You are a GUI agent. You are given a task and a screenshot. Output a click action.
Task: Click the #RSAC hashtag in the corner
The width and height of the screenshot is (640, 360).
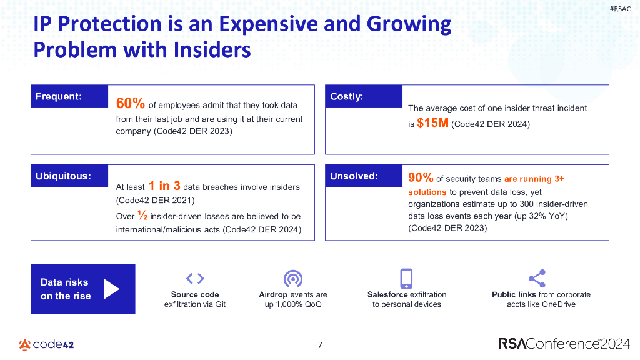[619, 8]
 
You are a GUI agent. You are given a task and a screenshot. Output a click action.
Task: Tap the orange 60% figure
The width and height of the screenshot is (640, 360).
[131, 103]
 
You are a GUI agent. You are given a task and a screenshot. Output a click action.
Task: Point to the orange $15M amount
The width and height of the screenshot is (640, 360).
[432, 123]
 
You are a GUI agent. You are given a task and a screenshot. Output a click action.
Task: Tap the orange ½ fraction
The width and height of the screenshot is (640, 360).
[142, 216]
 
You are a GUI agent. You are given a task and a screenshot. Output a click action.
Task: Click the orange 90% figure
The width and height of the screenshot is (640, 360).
[421, 178]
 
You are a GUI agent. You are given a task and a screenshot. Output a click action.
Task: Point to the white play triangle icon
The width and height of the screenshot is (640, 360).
[111, 289]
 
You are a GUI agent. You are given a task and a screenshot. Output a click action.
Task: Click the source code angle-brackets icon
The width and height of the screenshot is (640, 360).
[195, 279]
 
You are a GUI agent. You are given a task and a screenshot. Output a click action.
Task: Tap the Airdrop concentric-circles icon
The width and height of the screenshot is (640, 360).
[293, 279]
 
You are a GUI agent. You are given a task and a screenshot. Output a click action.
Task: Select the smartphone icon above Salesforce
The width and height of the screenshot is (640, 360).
[406, 278]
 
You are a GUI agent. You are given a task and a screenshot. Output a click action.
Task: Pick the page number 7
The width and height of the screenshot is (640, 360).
[320, 344]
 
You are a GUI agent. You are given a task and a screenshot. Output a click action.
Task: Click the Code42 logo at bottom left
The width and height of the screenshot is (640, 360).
[46, 344]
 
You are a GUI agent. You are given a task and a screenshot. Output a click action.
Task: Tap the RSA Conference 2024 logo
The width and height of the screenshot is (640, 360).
[564, 343]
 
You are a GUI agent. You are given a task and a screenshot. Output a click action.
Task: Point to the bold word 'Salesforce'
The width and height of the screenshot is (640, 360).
[387, 294]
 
